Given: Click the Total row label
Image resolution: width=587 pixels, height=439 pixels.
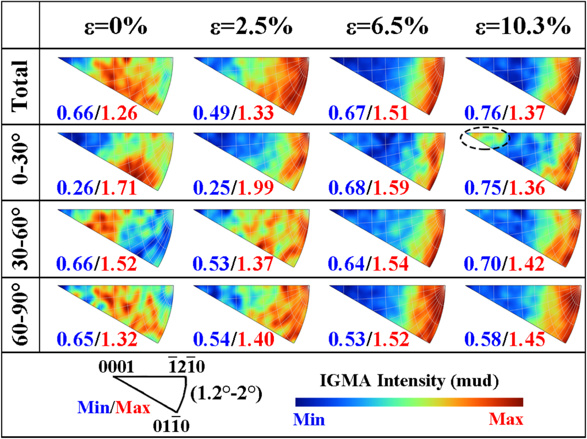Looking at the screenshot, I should click(x=20, y=87).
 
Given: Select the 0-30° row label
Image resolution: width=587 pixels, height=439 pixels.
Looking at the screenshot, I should click(x=20, y=162).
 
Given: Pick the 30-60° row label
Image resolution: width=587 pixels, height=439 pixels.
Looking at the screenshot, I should click(x=20, y=238).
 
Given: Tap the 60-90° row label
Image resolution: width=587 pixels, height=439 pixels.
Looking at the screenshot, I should click(x=20, y=313).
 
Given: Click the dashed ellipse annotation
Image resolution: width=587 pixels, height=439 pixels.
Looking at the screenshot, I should click(x=484, y=139).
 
